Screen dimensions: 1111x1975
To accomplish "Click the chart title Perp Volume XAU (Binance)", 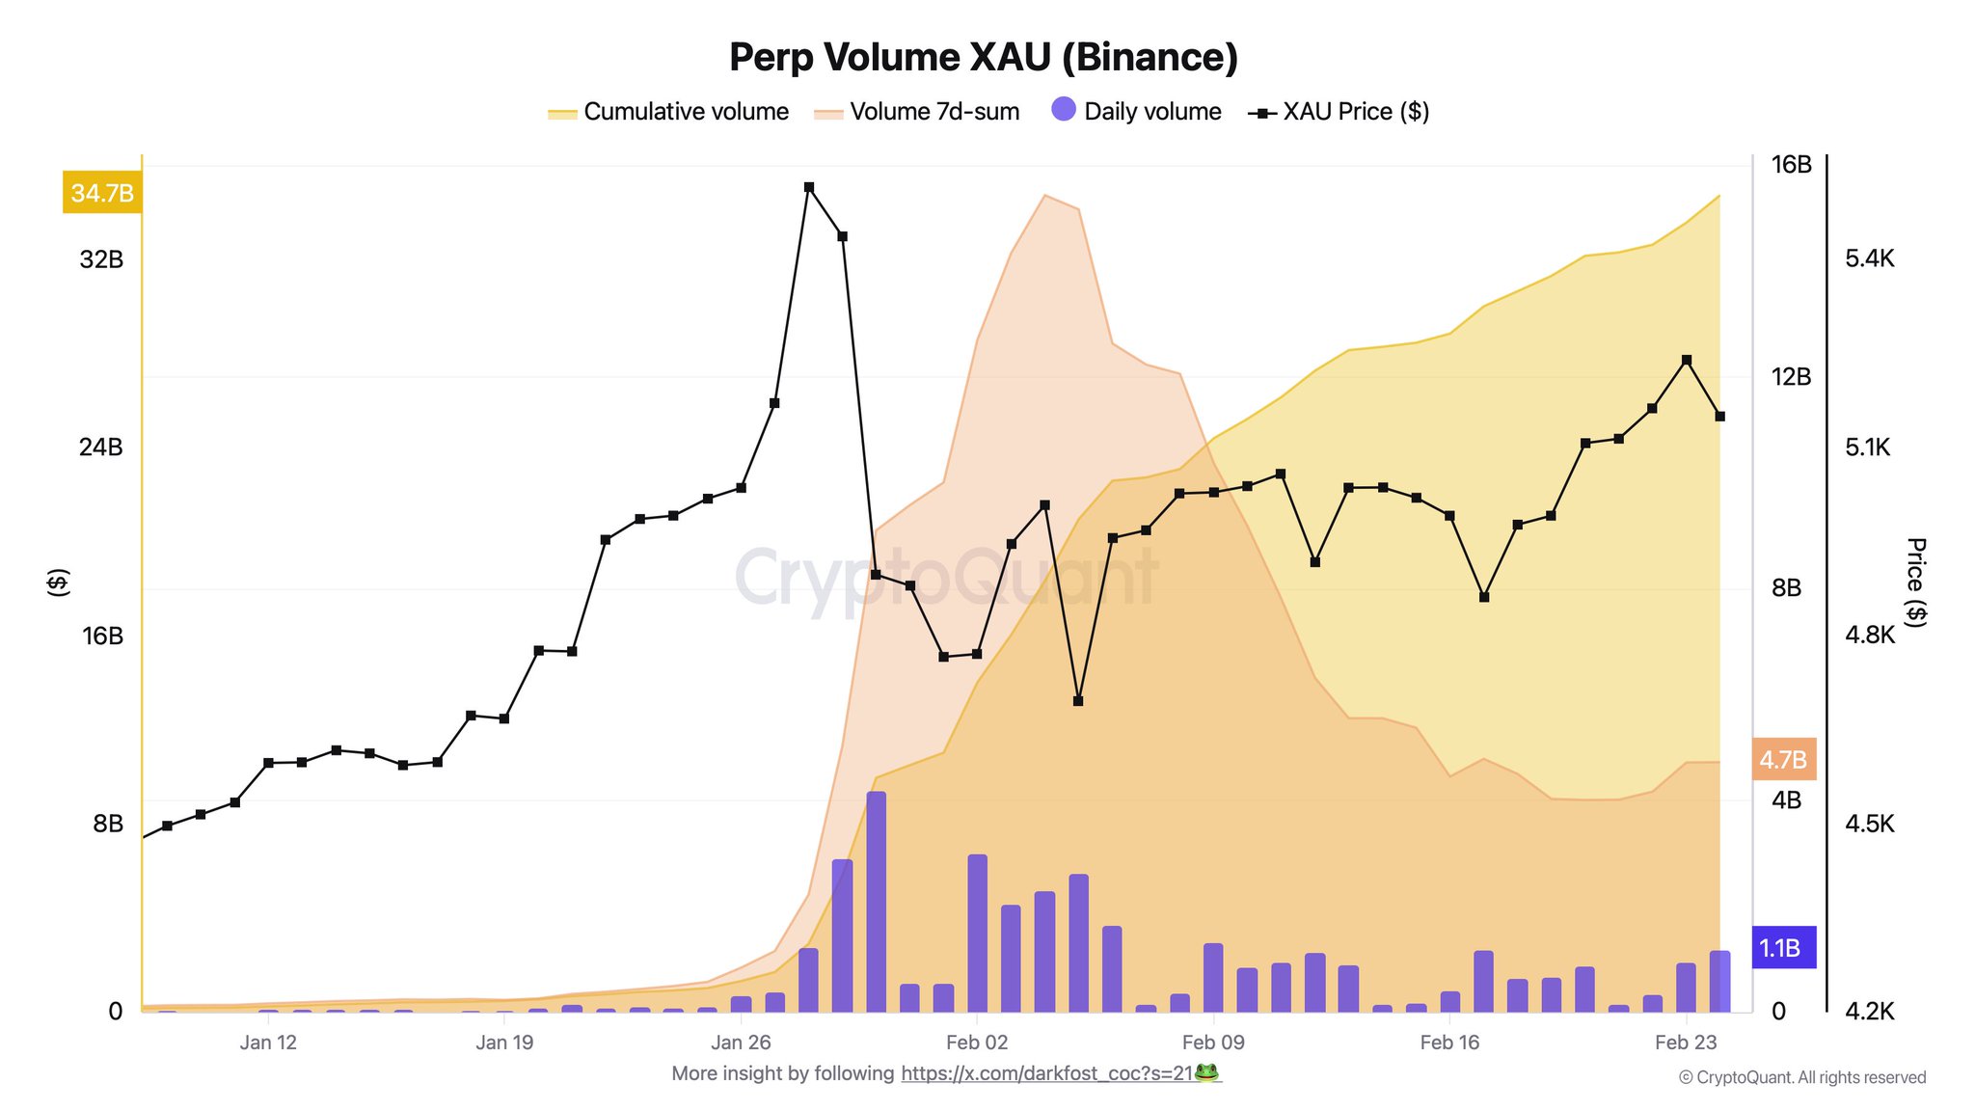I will (x=984, y=57).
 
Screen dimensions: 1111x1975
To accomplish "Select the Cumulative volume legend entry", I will (x=668, y=112).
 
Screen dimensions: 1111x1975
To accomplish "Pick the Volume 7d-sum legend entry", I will (x=917, y=112).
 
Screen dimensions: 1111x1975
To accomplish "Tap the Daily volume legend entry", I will (x=1137, y=112).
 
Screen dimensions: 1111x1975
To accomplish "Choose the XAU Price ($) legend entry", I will (x=1339, y=112).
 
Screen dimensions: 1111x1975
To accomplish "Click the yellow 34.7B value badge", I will (x=102, y=193).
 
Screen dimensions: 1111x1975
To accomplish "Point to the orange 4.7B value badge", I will (x=1783, y=760).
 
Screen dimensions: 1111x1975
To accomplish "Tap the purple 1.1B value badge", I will (x=1781, y=948).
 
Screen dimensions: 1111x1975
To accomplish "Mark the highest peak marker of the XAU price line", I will (x=809, y=187).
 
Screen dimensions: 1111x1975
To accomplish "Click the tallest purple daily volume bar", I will (x=876, y=901).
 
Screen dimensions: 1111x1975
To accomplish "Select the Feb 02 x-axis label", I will (x=977, y=1043).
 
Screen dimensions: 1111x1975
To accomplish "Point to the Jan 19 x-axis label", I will (x=504, y=1043).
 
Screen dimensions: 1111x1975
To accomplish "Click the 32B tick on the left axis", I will (x=101, y=259).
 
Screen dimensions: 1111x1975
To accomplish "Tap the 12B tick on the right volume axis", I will (x=1792, y=376).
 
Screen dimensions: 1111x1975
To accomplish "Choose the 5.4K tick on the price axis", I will (x=1870, y=258).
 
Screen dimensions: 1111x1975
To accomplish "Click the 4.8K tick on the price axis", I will (x=1870, y=635).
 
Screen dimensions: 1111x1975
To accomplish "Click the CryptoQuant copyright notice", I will (x=1802, y=1078).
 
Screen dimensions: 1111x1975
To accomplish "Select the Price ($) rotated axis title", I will (x=1916, y=583).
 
